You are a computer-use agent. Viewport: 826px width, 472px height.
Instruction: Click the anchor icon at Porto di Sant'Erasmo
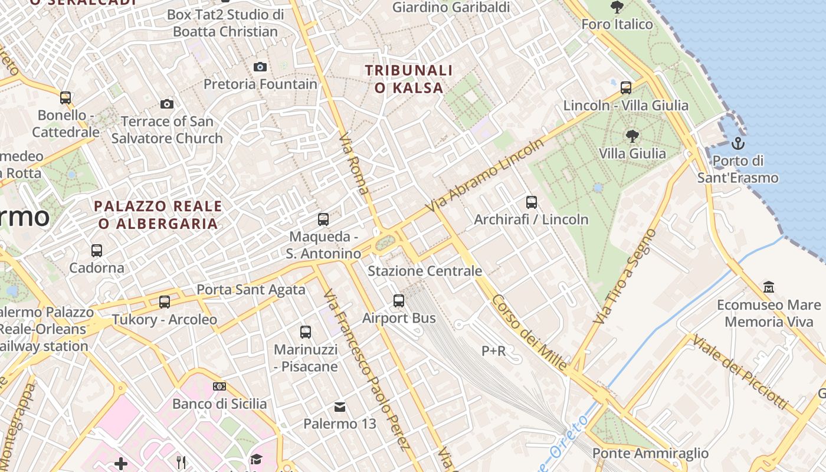(x=737, y=143)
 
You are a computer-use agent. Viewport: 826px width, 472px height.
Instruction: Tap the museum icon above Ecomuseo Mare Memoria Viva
(x=768, y=287)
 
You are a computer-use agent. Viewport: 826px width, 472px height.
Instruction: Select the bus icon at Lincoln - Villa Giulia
(x=626, y=88)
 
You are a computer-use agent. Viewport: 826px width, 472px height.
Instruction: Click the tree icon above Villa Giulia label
(x=632, y=136)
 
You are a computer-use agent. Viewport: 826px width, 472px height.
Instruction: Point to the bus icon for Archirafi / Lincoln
(x=531, y=202)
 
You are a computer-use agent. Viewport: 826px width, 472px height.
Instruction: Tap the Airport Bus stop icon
(x=399, y=301)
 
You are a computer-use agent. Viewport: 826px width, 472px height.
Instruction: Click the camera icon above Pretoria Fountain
(x=260, y=67)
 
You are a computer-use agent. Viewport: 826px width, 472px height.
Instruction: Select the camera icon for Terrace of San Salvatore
(x=167, y=104)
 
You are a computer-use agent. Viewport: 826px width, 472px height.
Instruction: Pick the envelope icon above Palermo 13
(x=340, y=407)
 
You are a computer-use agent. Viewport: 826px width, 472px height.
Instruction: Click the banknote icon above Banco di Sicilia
(x=219, y=386)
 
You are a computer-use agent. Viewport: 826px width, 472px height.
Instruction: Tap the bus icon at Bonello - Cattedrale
(x=65, y=97)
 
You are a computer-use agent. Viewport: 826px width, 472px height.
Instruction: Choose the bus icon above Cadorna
(x=97, y=250)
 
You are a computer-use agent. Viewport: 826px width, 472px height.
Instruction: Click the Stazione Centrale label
(x=425, y=271)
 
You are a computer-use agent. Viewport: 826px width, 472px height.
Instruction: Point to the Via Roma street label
(x=354, y=163)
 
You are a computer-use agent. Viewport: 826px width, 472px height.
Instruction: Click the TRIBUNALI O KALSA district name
(x=408, y=79)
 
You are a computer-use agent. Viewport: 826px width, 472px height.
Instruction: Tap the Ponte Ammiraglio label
(x=650, y=453)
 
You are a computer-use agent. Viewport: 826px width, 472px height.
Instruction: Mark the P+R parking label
(x=494, y=351)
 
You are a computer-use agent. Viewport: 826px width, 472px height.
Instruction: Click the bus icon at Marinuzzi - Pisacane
(x=306, y=332)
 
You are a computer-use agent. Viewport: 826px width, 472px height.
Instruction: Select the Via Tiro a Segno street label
(x=626, y=276)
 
